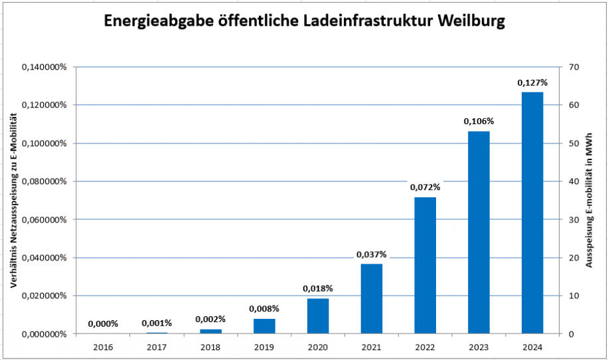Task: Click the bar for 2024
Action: click(x=532, y=213)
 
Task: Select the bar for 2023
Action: click(x=479, y=232)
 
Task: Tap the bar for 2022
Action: click(x=425, y=265)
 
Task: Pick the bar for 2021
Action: click(x=371, y=298)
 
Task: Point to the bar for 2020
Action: click(x=318, y=315)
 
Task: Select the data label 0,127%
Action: click(x=532, y=83)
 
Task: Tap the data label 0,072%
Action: click(x=425, y=187)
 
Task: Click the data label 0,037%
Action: click(x=371, y=254)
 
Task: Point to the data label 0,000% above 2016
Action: click(x=103, y=324)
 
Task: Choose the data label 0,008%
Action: click(x=264, y=309)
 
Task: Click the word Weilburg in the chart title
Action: click(x=472, y=21)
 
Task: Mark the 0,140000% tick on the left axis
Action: click(x=44, y=67)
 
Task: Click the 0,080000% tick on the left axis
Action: click(x=44, y=181)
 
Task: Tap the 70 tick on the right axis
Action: click(x=573, y=67)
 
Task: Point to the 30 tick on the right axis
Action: click(x=573, y=220)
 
